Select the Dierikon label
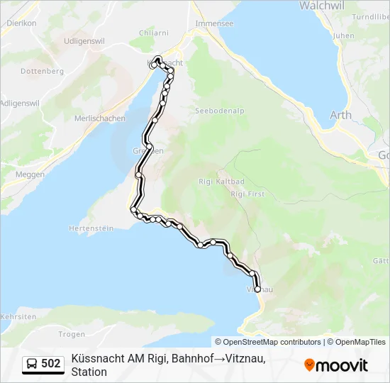click(21, 23)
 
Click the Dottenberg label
click(43, 71)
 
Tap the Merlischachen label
click(100, 118)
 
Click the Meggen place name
click(30, 174)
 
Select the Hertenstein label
click(91, 228)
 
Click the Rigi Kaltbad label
click(222, 182)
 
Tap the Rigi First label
click(247, 194)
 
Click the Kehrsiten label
click(18, 316)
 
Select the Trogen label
click(72, 333)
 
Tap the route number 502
click(51, 364)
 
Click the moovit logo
click(336, 365)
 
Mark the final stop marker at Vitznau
click(257, 289)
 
